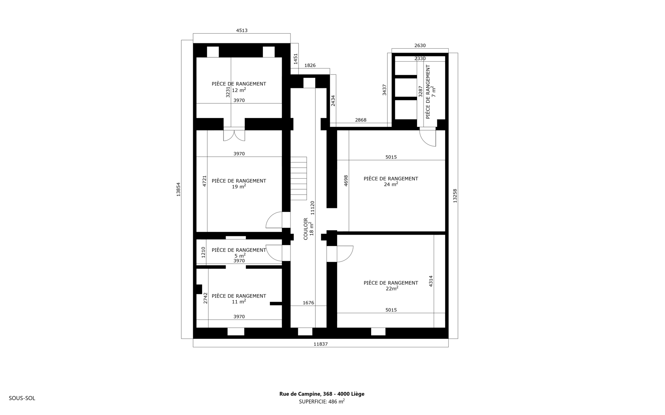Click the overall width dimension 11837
click(x=321, y=344)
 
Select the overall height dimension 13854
click(x=178, y=189)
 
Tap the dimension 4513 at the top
click(x=242, y=30)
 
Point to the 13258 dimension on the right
click(x=455, y=196)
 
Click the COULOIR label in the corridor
click(x=306, y=229)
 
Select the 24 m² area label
click(x=391, y=184)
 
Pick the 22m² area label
click(x=392, y=288)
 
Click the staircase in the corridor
click(x=298, y=179)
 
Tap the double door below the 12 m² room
click(x=234, y=134)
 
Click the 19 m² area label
click(x=239, y=186)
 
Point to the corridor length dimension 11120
click(x=312, y=207)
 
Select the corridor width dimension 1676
click(x=308, y=303)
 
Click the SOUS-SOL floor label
click(x=22, y=398)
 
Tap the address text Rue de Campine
click(x=299, y=394)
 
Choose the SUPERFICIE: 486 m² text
click(x=322, y=402)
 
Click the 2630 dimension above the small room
click(x=420, y=45)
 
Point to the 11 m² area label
click(x=239, y=302)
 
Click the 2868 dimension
click(x=361, y=120)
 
